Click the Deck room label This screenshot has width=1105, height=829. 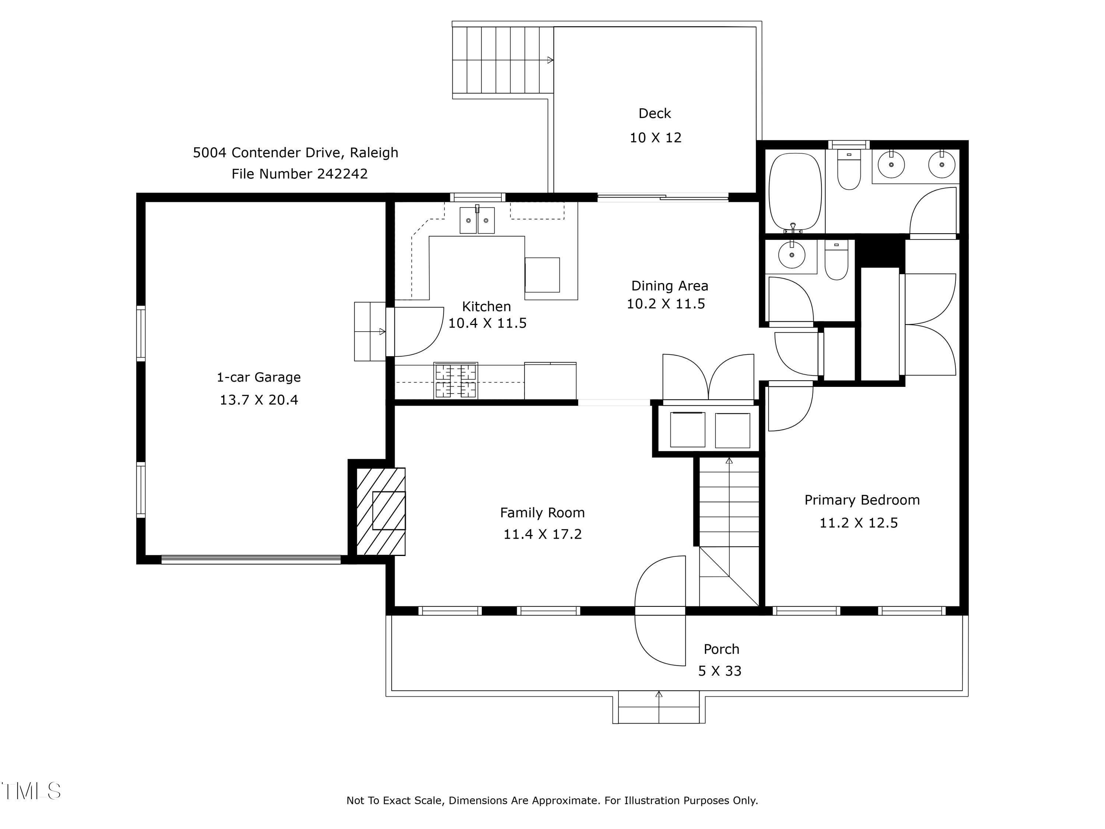(655, 113)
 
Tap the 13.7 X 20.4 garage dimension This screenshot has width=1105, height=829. (259, 400)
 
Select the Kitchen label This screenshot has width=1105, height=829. (486, 306)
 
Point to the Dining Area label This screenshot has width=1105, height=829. (669, 286)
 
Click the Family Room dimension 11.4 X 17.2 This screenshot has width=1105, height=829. (543, 534)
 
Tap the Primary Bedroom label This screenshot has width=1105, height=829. (862, 500)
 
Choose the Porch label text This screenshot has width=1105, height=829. (721, 649)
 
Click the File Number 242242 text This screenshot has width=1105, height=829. (300, 174)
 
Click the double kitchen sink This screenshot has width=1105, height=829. (477, 220)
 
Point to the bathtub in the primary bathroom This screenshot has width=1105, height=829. (795, 192)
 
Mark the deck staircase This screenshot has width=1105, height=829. (503, 60)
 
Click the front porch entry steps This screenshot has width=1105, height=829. (659, 707)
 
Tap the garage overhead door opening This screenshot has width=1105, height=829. (251, 560)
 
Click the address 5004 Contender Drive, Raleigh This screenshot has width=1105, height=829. (296, 153)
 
